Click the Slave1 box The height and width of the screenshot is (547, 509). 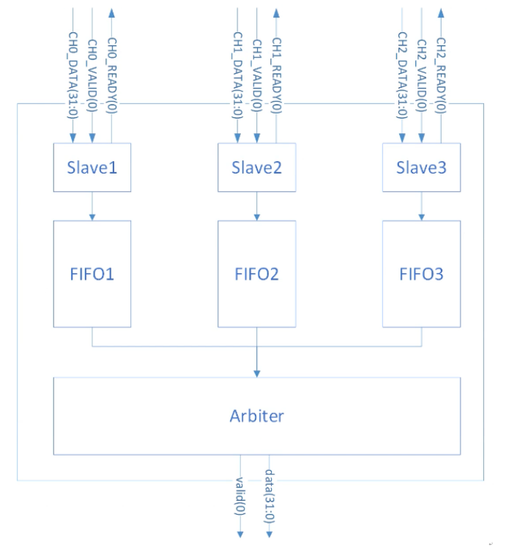[92, 167]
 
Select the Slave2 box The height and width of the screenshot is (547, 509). [257, 167]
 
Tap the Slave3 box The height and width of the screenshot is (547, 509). [421, 167]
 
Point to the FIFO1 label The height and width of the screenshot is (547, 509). [92, 274]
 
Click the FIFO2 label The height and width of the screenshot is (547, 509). [257, 274]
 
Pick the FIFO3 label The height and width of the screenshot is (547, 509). [421, 274]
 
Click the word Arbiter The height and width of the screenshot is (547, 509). [257, 416]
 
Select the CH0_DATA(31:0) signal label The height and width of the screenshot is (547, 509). [73, 75]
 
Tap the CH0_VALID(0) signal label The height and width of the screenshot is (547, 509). [92, 75]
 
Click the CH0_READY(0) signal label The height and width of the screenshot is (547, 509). [111, 75]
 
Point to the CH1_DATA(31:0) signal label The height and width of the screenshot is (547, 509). [237, 75]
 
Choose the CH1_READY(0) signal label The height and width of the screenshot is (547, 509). [276, 75]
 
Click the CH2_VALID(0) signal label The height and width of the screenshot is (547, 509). [422, 75]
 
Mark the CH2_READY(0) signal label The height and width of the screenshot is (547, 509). [441, 75]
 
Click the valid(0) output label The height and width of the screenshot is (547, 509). [240, 496]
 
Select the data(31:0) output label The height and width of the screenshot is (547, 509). [270, 496]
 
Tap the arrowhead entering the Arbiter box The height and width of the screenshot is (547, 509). [257, 373]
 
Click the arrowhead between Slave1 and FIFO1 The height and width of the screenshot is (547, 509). [92, 217]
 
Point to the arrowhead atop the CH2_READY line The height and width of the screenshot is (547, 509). [441, 13]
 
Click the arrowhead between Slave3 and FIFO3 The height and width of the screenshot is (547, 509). [421, 217]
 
